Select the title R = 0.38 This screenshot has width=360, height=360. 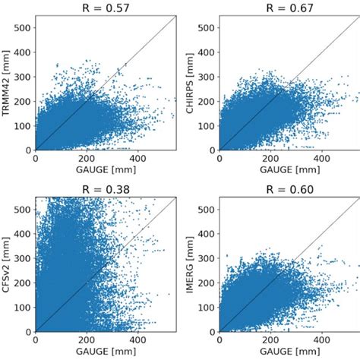(x=107, y=190)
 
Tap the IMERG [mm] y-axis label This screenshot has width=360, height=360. (x=190, y=265)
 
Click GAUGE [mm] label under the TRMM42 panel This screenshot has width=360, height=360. (x=107, y=172)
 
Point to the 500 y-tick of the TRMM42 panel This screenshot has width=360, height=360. (x=24, y=30)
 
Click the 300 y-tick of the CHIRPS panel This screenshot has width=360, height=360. (x=207, y=77)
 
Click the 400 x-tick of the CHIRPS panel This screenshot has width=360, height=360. (x=322, y=159)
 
